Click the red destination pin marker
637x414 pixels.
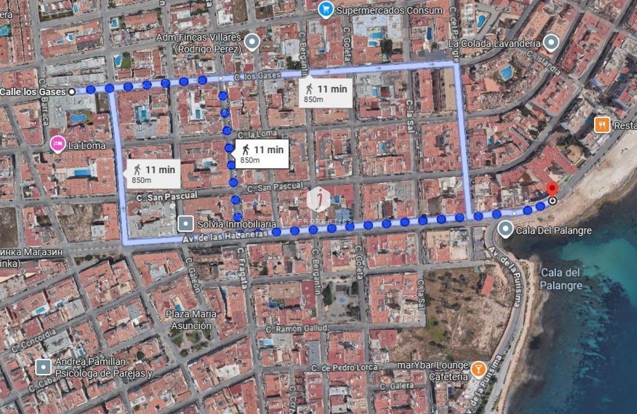552,189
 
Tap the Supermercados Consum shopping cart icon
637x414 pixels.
326,10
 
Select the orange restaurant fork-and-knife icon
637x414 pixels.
602,125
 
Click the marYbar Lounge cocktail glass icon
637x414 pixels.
478,369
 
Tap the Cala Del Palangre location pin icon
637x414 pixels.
505,230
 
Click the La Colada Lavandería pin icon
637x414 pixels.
551,43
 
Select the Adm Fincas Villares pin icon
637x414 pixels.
252,42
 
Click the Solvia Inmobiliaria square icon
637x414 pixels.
186,224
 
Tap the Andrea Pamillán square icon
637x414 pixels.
43,367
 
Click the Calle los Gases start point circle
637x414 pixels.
72,91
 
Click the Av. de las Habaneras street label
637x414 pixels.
225,237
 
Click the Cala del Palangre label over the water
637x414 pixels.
561,279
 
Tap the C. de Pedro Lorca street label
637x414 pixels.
344,367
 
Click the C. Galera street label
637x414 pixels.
396,386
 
